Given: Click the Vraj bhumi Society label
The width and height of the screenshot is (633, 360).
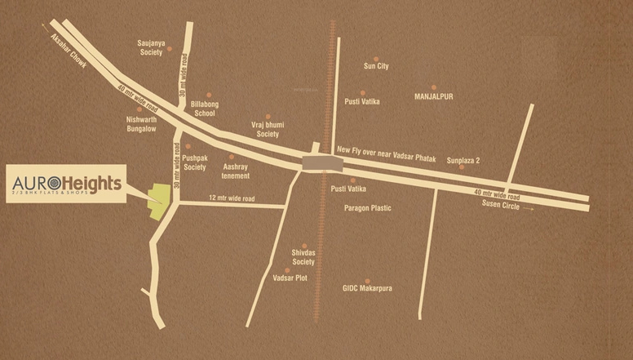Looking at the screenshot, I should [x=268, y=129].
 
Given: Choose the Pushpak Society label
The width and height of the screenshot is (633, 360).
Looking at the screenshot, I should [x=194, y=162].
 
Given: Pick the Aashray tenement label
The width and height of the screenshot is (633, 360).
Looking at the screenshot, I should [x=236, y=171].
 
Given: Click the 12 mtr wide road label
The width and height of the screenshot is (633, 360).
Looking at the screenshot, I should [x=232, y=198].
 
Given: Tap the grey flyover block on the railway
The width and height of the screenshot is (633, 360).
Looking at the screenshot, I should [x=319, y=162].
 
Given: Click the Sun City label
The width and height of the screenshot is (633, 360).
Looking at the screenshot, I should [x=376, y=66].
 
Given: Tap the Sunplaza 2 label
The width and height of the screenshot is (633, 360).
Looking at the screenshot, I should [x=463, y=161].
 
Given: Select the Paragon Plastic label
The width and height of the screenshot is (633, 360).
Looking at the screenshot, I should [x=368, y=208].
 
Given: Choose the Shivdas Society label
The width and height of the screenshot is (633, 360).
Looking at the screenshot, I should [x=303, y=258].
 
